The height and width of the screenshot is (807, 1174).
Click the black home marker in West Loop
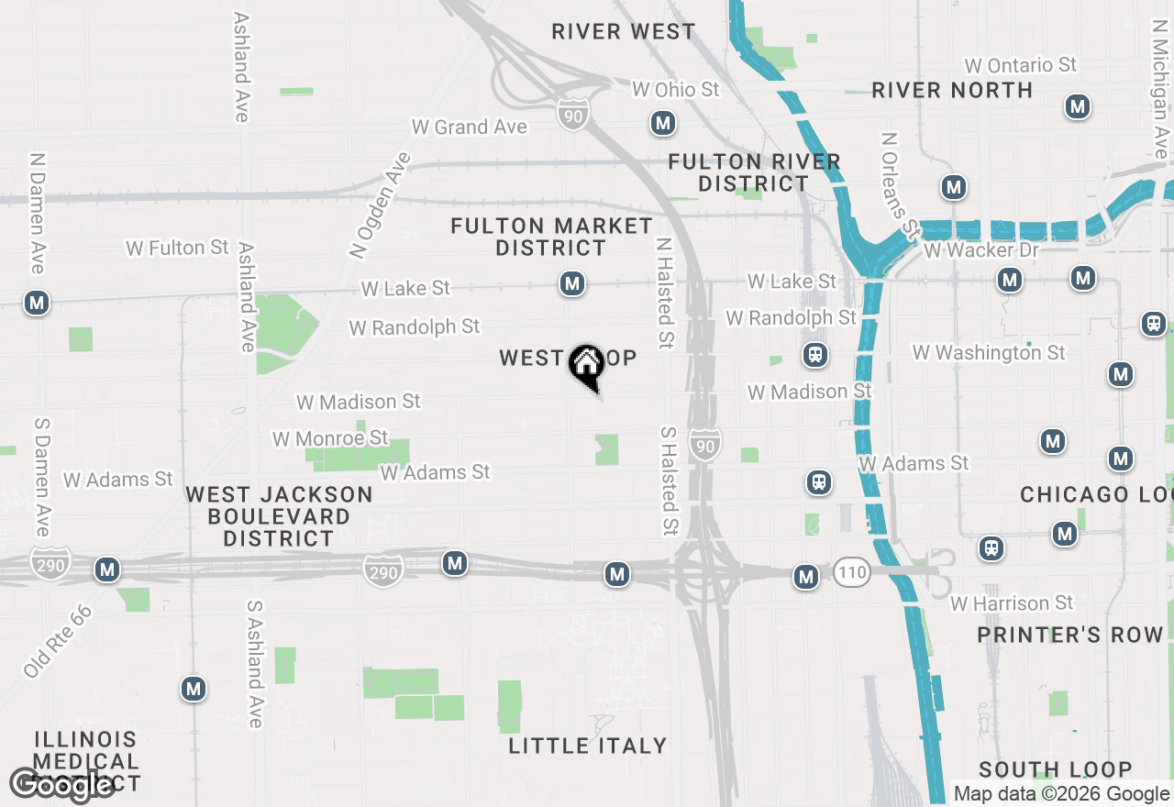(x=586, y=366)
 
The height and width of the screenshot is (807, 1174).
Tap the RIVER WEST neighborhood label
(x=624, y=32)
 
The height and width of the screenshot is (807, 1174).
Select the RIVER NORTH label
(x=952, y=90)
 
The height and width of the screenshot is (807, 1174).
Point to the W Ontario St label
(x=1020, y=66)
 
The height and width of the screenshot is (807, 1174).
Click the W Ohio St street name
(x=676, y=90)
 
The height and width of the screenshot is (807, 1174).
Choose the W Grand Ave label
(x=470, y=127)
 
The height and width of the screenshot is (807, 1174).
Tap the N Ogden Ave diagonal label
(x=381, y=205)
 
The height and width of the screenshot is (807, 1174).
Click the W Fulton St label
(x=177, y=248)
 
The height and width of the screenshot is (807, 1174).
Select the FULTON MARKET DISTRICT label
(x=551, y=237)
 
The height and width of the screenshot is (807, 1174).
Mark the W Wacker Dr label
(x=969, y=250)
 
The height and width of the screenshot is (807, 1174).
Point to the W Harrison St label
(x=1012, y=603)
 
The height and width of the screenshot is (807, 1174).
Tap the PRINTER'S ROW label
(x=1069, y=635)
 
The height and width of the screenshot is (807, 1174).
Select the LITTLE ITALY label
(x=588, y=746)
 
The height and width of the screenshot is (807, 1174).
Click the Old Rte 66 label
(x=58, y=642)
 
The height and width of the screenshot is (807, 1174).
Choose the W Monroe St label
(x=330, y=439)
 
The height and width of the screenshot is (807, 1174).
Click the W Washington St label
(x=989, y=352)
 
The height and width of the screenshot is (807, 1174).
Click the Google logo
(x=61, y=784)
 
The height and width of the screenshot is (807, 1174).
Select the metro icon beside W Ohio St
(x=662, y=122)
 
